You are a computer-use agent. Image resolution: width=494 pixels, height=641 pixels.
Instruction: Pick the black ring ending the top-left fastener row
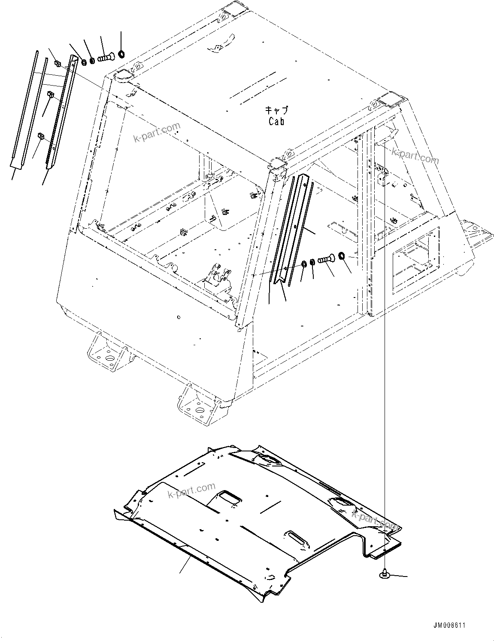121,54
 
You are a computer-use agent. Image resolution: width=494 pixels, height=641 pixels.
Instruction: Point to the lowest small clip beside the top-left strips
41,136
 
